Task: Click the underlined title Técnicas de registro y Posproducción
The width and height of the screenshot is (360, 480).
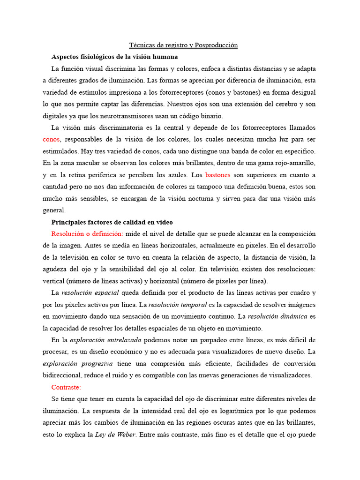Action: pos(183,45)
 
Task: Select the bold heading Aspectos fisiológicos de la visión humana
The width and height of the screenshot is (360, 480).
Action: pos(114,57)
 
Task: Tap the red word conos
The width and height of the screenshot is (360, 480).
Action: pos(52,139)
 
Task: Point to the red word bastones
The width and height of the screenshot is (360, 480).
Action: pos(218,175)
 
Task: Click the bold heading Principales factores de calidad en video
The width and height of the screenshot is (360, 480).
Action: pos(112,222)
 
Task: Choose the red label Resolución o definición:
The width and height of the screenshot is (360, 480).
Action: pos(87,233)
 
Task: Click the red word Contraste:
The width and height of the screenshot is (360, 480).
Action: pos(66,387)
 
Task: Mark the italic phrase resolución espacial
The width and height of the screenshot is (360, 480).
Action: pos(90,292)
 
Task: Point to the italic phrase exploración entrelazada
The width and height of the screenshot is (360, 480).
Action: pos(99,340)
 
